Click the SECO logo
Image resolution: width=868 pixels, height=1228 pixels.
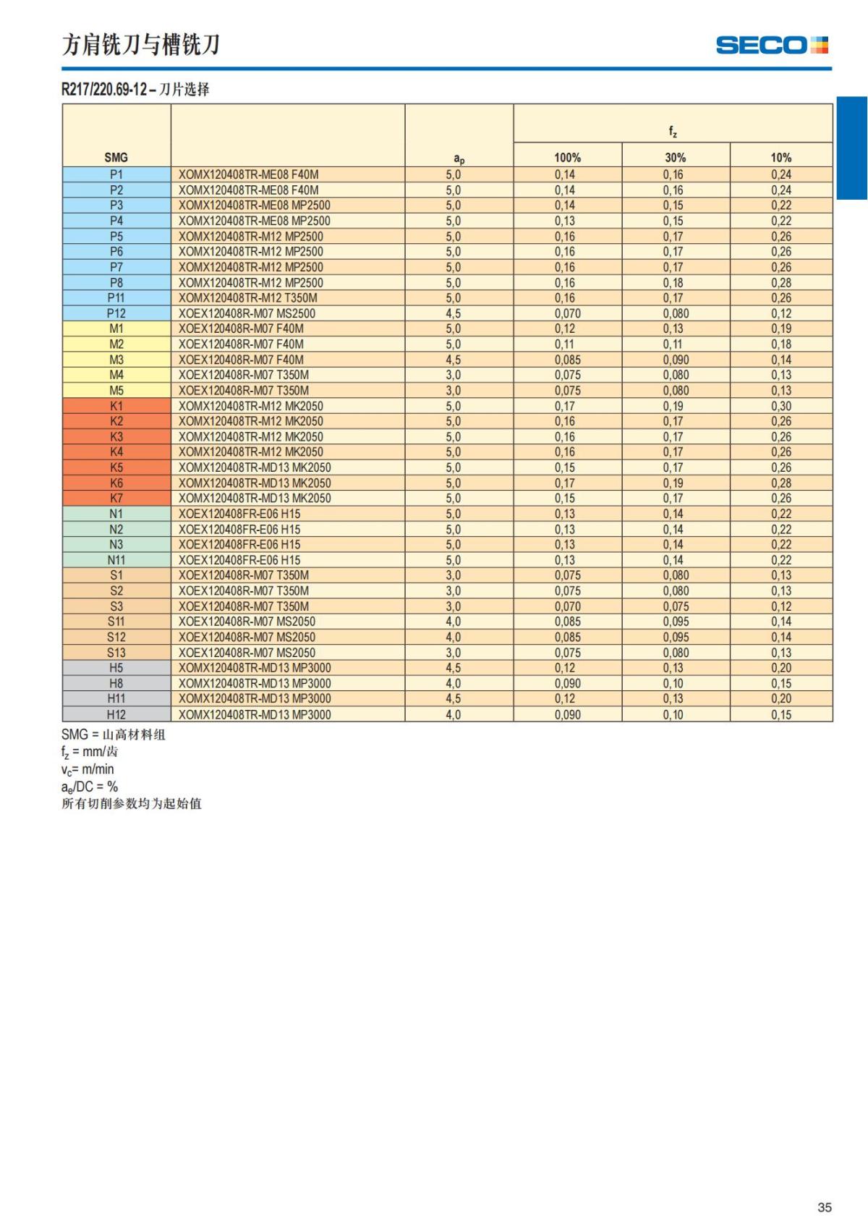[x=771, y=46]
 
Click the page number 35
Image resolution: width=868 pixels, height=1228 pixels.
[x=824, y=1207]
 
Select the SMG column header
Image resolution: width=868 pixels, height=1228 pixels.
[x=116, y=157]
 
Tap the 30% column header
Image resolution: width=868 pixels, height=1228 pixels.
[x=675, y=157]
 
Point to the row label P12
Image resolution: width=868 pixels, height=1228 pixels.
[x=116, y=313]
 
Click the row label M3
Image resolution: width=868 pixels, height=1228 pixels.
[x=116, y=360]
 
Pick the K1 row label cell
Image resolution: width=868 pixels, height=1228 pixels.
[x=116, y=406]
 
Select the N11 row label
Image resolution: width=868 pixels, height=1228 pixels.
[x=116, y=560]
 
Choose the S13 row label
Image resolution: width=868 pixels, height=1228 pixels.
[x=116, y=653]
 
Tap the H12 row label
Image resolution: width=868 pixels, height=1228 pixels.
[x=116, y=714]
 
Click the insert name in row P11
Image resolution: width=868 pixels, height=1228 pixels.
[x=247, y=298]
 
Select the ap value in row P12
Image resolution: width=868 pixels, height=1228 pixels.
[x=453, y=313]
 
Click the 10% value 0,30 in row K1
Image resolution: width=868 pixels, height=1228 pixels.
[x=780, y=406]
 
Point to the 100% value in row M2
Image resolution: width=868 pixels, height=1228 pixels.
[x=564, y=344]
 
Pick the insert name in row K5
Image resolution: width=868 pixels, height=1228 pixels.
[x=255, y=467]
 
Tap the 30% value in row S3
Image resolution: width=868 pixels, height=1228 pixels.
[x=676, y=606]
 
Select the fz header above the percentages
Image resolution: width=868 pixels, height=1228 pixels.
[x=673, y=131]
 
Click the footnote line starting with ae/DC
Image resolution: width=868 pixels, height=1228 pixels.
[x=90, y=787]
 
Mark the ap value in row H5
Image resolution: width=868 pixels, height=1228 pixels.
[x=453, y=668]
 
